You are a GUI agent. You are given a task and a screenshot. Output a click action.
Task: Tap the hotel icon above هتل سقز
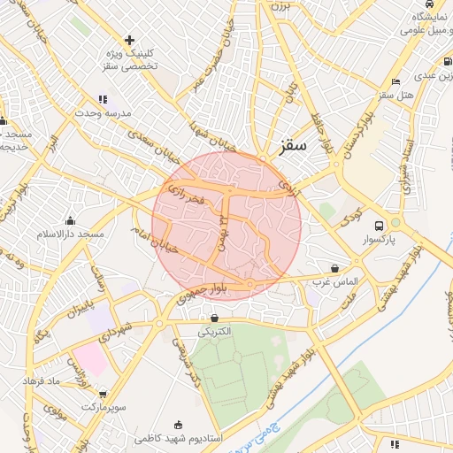pos(395,81)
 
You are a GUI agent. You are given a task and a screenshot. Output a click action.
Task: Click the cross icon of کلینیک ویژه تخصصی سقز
pos(130,40)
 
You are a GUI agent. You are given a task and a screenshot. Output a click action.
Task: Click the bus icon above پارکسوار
pos(380,225)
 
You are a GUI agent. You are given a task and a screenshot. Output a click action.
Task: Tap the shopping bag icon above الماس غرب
pos(334,267)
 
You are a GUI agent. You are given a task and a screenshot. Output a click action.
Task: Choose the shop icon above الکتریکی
pos(214,318)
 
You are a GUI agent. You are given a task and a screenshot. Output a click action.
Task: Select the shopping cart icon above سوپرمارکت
pos(104,394)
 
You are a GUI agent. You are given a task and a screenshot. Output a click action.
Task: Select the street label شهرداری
pos(116,336)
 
